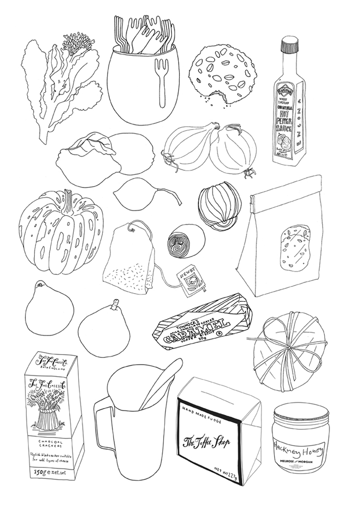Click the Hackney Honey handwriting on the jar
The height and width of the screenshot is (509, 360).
tap(298, 449)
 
